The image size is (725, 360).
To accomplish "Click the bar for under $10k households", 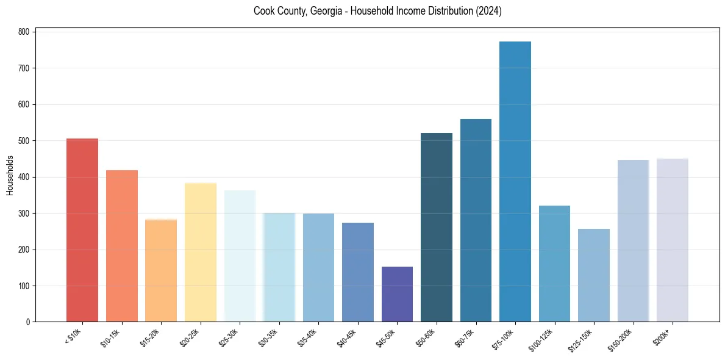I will click(x=82, y=230).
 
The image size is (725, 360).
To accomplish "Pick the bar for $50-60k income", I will click(x=437, y=227).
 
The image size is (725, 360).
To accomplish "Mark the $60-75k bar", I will click(x=476, y=220).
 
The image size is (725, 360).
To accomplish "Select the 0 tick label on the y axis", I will click(x=29, y=322).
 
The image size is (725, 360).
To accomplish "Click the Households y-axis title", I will click(x=10, y=175).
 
